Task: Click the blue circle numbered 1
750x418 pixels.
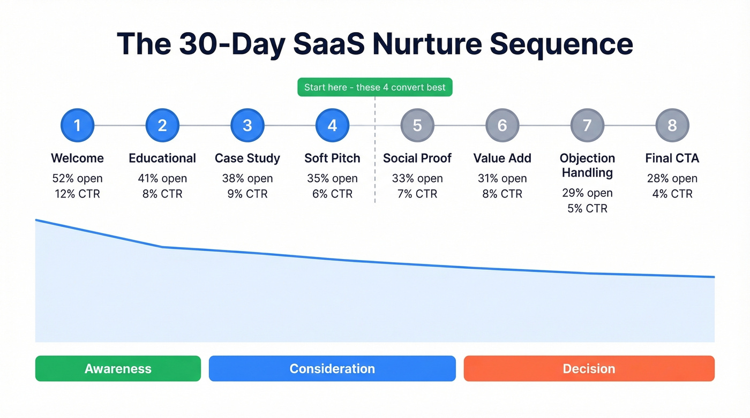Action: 77,125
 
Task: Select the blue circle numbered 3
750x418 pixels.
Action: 247,125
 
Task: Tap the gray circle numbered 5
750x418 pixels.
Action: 417,125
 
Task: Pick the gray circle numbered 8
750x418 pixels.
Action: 672,125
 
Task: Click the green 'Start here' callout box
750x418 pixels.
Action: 374,87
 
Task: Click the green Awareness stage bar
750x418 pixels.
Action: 118,369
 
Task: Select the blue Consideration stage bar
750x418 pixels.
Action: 332,369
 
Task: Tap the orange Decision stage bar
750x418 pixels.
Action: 589,369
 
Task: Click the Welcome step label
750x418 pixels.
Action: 77,158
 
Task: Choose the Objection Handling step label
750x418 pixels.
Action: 587,165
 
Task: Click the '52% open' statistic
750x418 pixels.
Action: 77,178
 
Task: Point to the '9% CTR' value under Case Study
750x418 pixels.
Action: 247,194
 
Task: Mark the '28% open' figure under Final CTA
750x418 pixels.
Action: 672,178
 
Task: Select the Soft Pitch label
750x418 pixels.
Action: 332,158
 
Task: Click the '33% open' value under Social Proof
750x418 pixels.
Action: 417,178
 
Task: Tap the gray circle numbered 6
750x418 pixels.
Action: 502,125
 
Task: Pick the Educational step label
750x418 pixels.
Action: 162,158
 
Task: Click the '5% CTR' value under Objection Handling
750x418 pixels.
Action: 587,208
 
